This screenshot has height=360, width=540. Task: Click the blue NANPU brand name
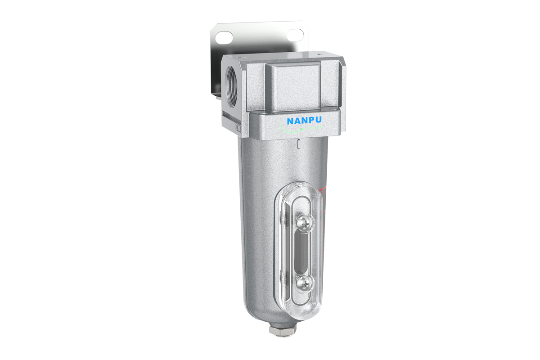point(304,121)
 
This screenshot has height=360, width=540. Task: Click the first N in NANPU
point(290,121)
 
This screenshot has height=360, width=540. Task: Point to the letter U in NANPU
point(318,120)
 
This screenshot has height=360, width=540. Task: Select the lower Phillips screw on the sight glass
point(306,284)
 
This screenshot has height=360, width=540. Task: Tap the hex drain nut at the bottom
point(283,331)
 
